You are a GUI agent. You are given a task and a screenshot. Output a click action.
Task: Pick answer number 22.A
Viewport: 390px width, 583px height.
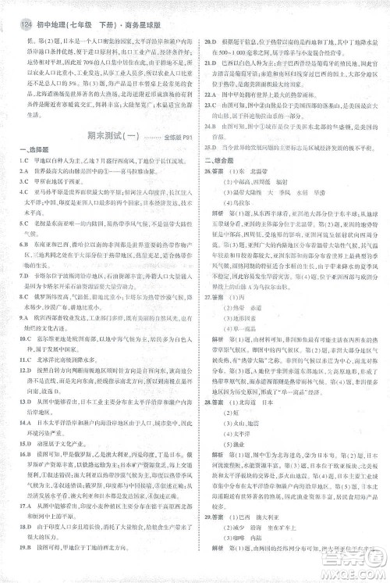(211, 97)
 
